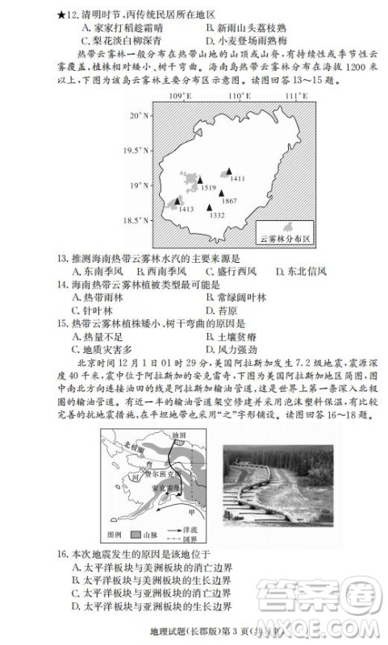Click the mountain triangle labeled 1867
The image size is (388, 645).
221,192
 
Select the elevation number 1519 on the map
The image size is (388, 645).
208,188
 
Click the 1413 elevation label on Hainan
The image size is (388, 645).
186,209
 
